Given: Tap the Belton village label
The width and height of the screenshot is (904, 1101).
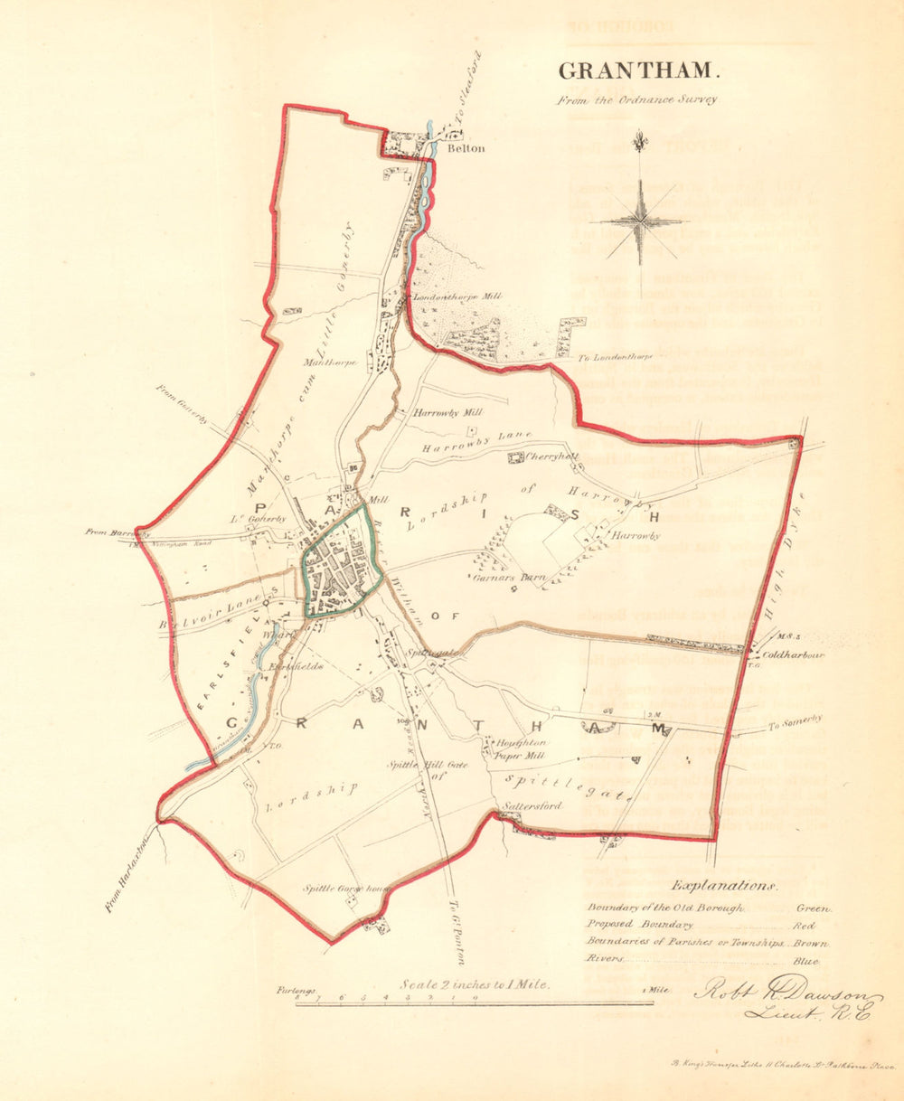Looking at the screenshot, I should (x=469, y=149).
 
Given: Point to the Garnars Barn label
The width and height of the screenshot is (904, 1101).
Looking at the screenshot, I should (x=499, y=575).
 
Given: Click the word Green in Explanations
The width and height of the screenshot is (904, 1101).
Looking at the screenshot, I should (x=813, y=908).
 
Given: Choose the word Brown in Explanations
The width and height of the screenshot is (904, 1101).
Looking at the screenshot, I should (x=814, y=943).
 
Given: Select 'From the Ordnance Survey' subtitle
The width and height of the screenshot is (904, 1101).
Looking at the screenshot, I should (x=636, y=99).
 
